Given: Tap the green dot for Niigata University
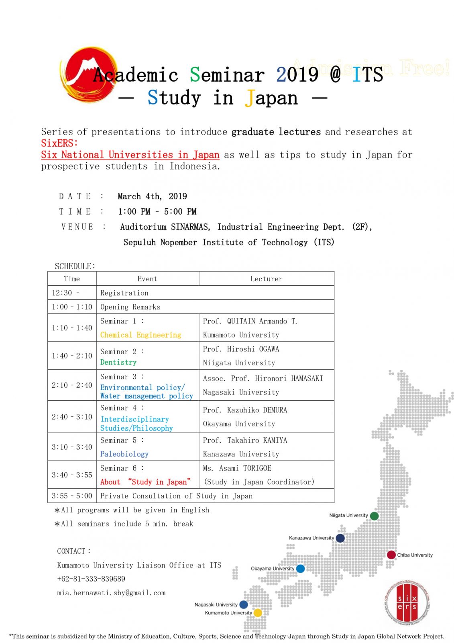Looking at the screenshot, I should [374, 516].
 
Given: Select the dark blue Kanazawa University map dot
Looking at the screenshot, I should [340, 538].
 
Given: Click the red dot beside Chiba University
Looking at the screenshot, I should [391, 555].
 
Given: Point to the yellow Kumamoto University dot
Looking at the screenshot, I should [258, 612].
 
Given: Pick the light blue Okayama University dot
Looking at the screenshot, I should [300, 568].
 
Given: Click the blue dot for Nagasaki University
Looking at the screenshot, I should [243, 604].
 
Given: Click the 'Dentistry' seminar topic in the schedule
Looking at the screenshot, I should [118, 362].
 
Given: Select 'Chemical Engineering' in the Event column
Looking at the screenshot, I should [140, 335].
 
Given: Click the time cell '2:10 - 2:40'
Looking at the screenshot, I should [72, 385].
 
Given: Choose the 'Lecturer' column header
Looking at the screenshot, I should [266, 278].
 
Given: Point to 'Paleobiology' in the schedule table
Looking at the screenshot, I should [124, 454].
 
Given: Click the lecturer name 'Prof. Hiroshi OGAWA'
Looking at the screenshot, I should [241, 349].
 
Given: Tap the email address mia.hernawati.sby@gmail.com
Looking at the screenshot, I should [111, 593].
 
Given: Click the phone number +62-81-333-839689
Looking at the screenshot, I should [91, 579].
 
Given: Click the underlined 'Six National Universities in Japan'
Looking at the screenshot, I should [130, 155].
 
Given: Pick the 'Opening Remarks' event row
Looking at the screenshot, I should [130, 307].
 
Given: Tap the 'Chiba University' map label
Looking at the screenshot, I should [415, 555].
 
